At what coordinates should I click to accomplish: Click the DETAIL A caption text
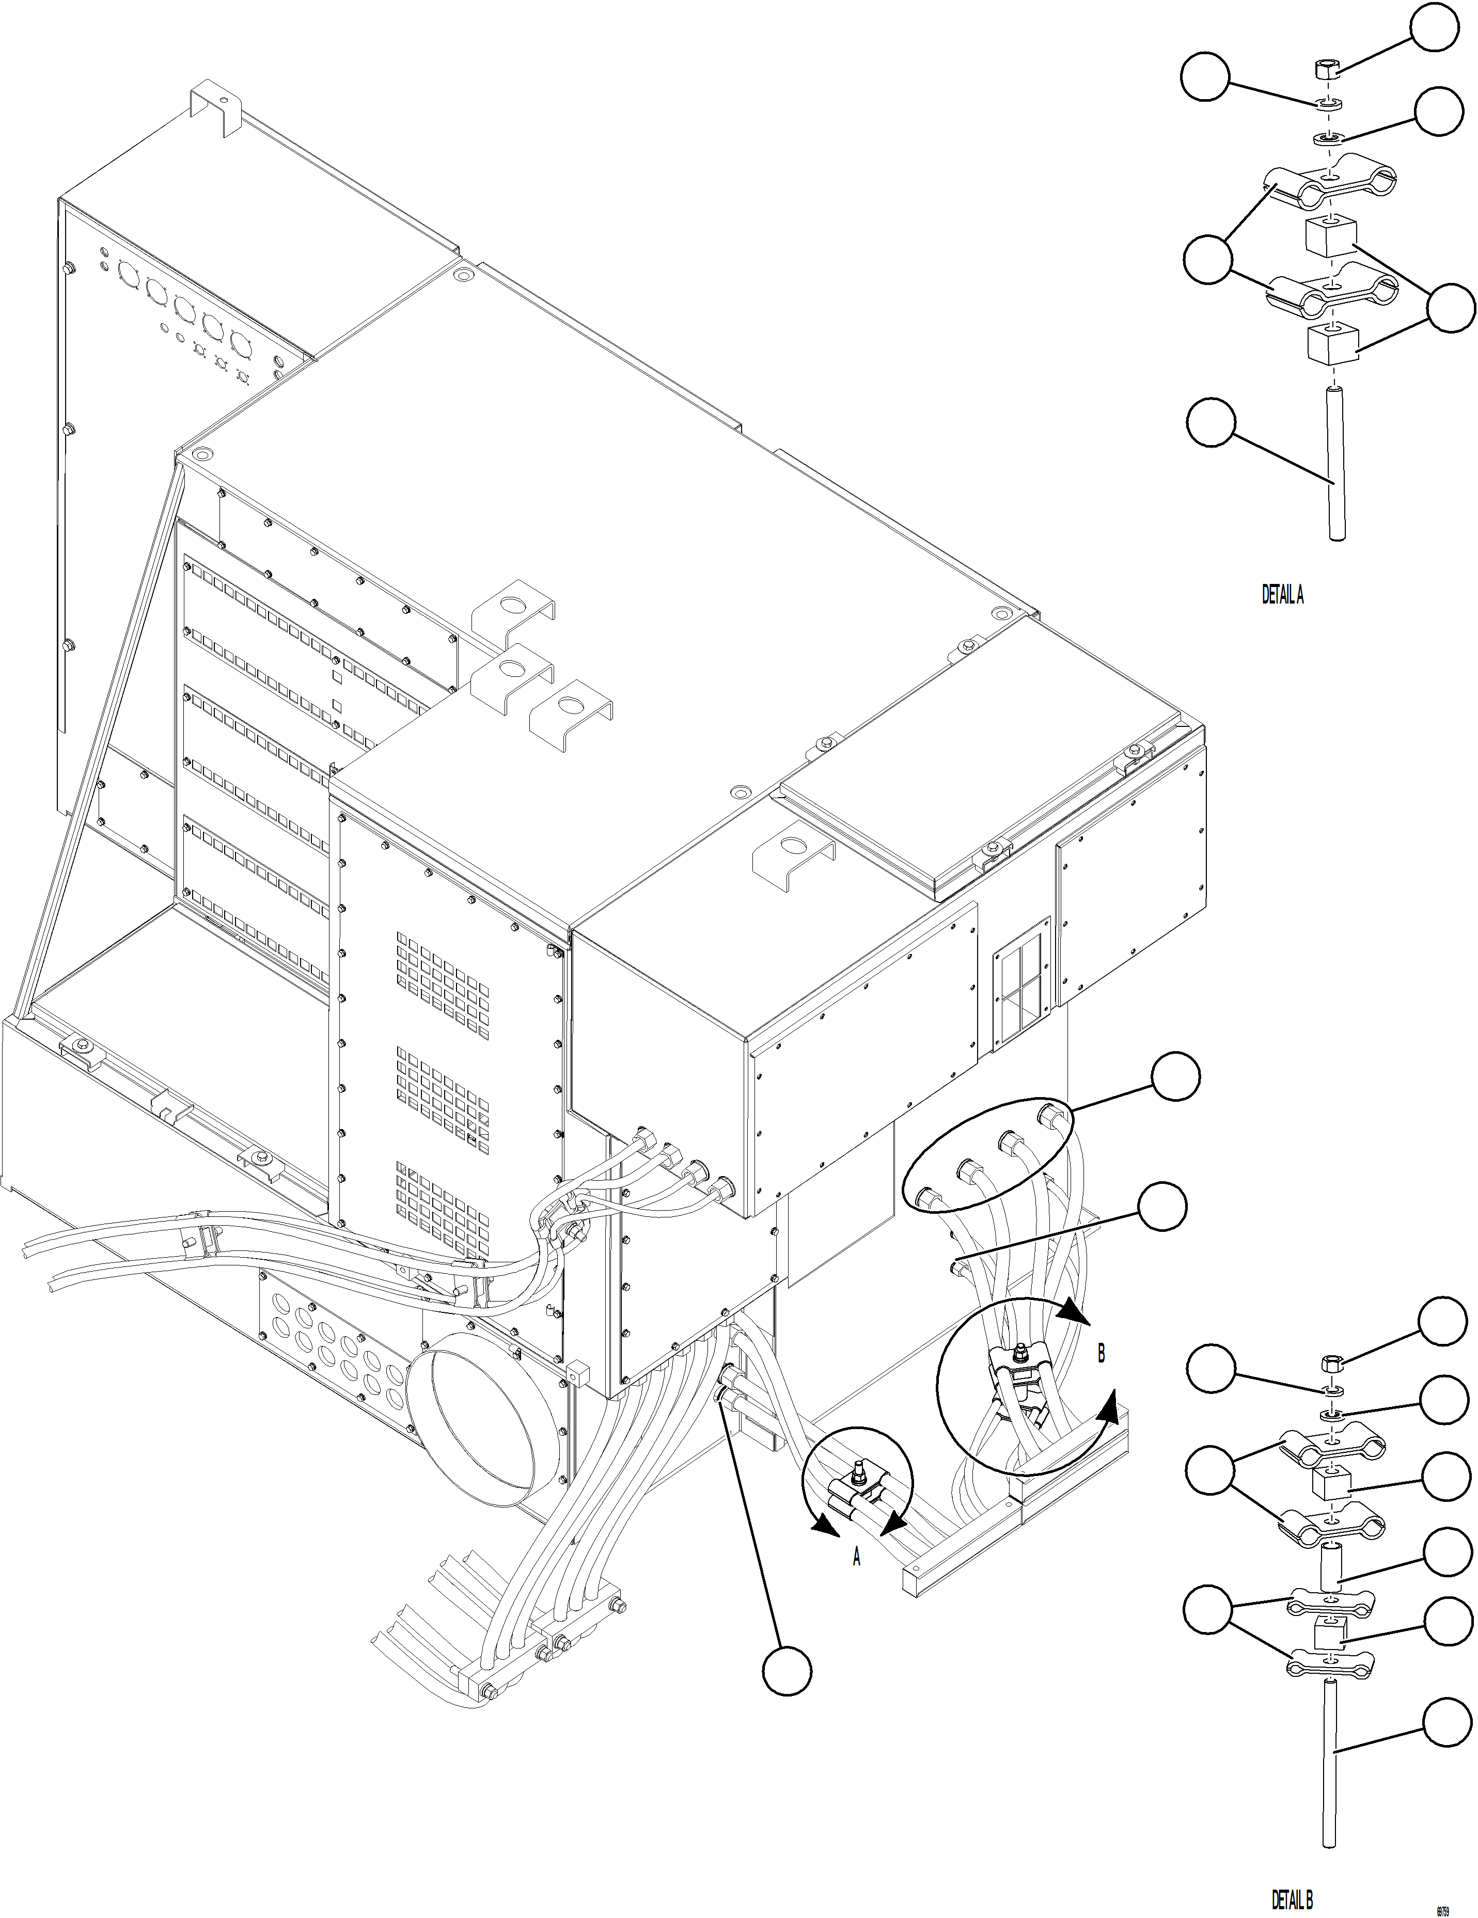coord(1282,595)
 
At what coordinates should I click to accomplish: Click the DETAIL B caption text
coord(1292,1899)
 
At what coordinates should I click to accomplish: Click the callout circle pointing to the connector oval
coord(1175,1077)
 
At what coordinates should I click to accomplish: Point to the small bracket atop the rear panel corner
coord(217,105)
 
